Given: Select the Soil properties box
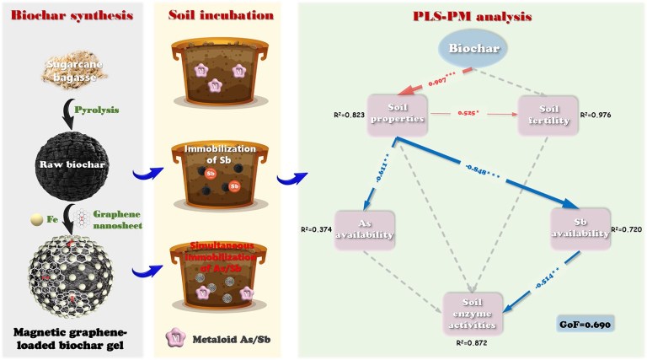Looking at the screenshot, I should (x=401, y=116).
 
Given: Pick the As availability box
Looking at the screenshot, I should (x=366, y=228).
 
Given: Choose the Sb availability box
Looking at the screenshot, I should (x=580, y=228).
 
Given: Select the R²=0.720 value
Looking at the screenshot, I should (x=625, y=228).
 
